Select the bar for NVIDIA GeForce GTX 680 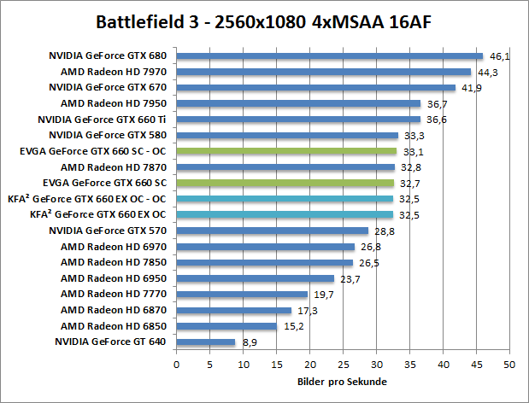point(330,56)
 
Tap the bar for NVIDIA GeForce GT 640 point(206,342)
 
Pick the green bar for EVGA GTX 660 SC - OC point(286,151)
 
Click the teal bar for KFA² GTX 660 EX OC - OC point(285,199)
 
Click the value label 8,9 point(249,342)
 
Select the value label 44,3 point(486,72)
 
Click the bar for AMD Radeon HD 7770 point(242,295)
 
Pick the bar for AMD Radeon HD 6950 point(255,278)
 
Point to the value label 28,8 point(383,231)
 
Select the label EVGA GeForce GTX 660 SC point(110,183)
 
